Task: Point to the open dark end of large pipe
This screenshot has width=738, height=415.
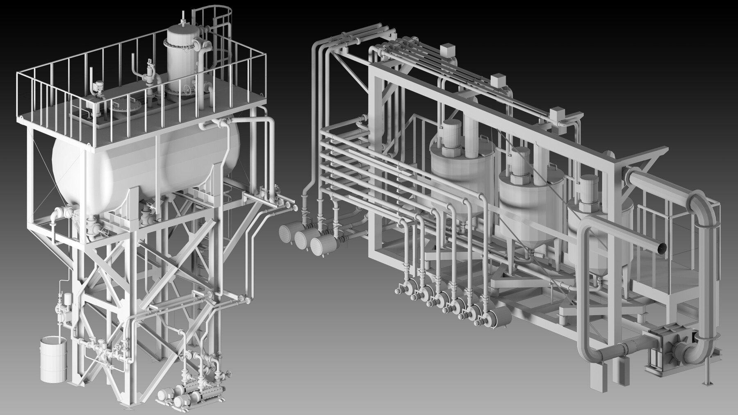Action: [661, 247]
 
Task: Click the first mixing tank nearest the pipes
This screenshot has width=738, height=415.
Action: [455, 172]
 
